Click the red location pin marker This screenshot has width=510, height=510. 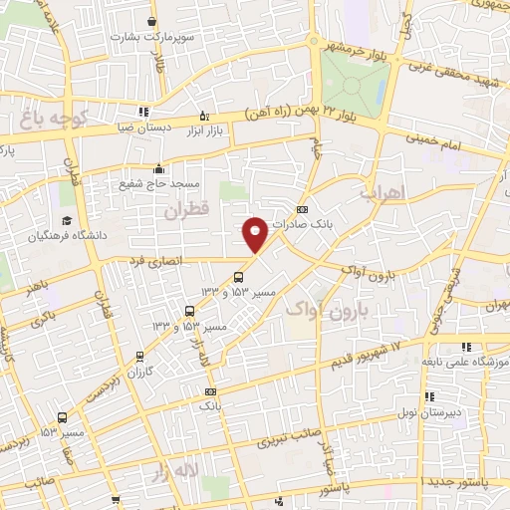click(255, 233)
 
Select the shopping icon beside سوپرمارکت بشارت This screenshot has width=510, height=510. click(150, 21)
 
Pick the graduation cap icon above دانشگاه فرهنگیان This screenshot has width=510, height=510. click(66, 220)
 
